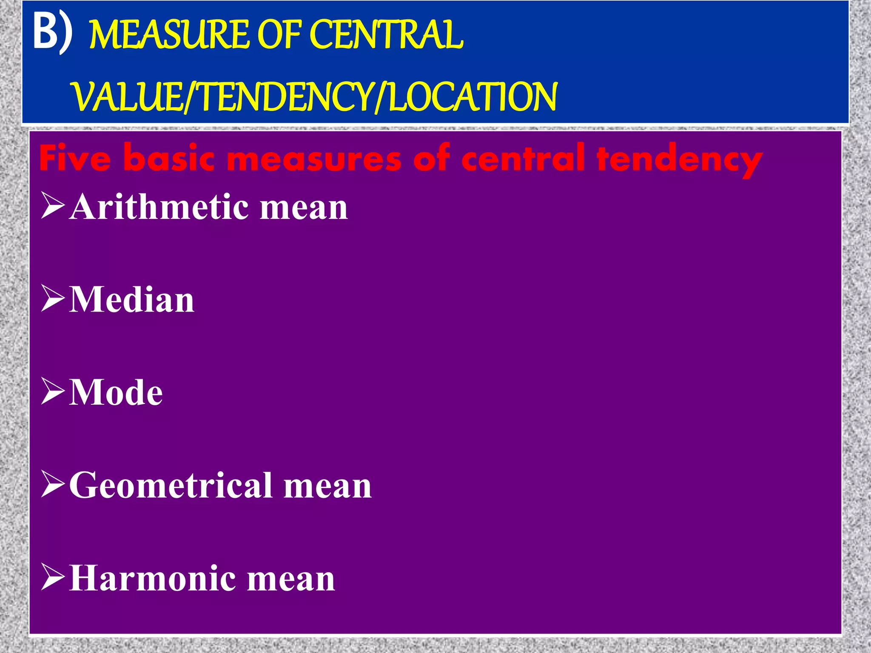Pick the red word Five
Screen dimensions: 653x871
coord(75,158)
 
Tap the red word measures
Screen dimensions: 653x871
coord(315,158)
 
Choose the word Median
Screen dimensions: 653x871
coord(132,300)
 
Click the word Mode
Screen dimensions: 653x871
coord(116,392)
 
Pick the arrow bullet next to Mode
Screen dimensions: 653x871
coord(53,391)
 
